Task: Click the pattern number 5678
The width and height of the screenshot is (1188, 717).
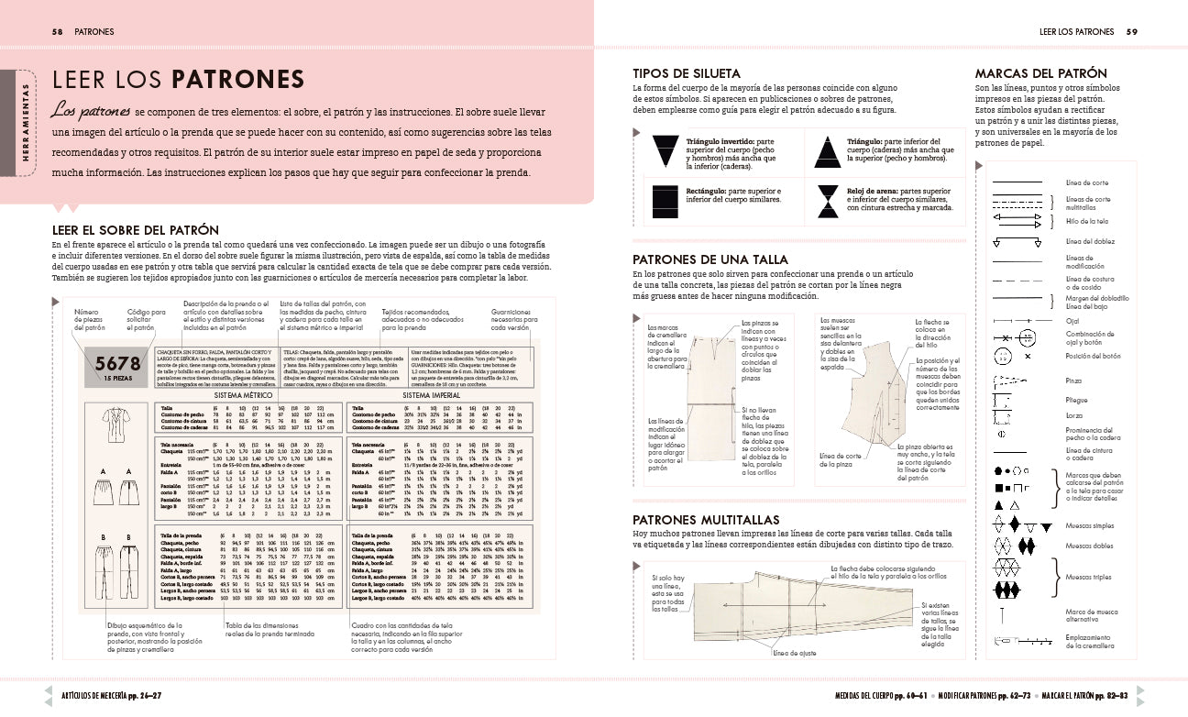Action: click(x=118, y=362)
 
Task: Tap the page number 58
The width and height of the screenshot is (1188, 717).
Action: click(x=57, y=31)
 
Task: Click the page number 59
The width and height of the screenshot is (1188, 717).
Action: click(x=1131, y=31)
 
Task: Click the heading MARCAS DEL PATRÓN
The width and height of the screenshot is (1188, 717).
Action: click(x=1040, y=73)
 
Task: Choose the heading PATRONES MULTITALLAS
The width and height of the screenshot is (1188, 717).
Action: click(x=706, y=520)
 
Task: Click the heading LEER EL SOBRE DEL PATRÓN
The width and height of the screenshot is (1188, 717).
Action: click(x=135, y=229)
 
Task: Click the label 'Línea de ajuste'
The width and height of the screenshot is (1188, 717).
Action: click(x=793, y=654)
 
